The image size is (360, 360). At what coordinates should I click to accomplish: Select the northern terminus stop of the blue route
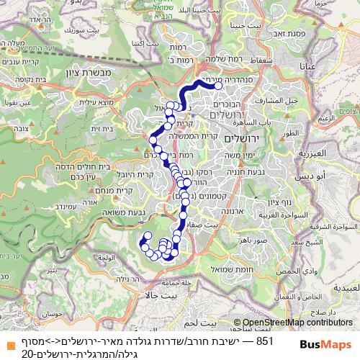tap(217, 85)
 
